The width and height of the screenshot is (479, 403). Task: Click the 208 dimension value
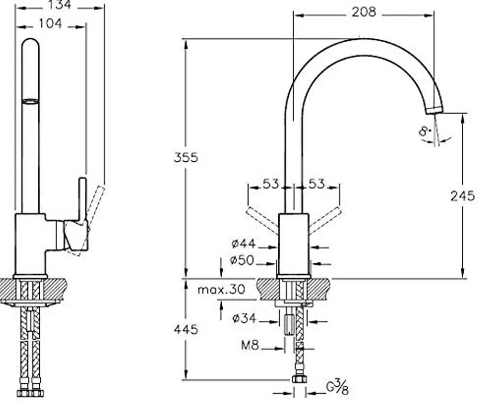point(364,12)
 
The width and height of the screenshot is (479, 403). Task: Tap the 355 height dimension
point(186,157)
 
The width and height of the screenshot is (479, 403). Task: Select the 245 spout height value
point(463,196)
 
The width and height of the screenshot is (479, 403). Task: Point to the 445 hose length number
point(186,329)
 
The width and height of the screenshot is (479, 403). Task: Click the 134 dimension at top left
point(59,5)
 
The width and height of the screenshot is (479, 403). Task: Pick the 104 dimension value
point(50,23)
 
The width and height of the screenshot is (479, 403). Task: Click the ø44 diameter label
point(243,244)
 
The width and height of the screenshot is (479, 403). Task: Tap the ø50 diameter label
point(242,260)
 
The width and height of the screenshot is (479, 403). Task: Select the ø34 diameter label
point(244,318)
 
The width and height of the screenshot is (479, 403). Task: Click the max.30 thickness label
point(221,289)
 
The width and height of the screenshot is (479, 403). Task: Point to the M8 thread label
point(250,345)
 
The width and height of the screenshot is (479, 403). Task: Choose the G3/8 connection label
point(337,387)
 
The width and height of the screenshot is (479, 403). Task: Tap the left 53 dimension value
point(271,184)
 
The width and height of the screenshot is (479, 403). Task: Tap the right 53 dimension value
point(317,184)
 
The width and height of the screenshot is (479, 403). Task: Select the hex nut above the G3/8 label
point(299,379)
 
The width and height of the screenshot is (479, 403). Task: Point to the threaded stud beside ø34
point(289,325)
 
